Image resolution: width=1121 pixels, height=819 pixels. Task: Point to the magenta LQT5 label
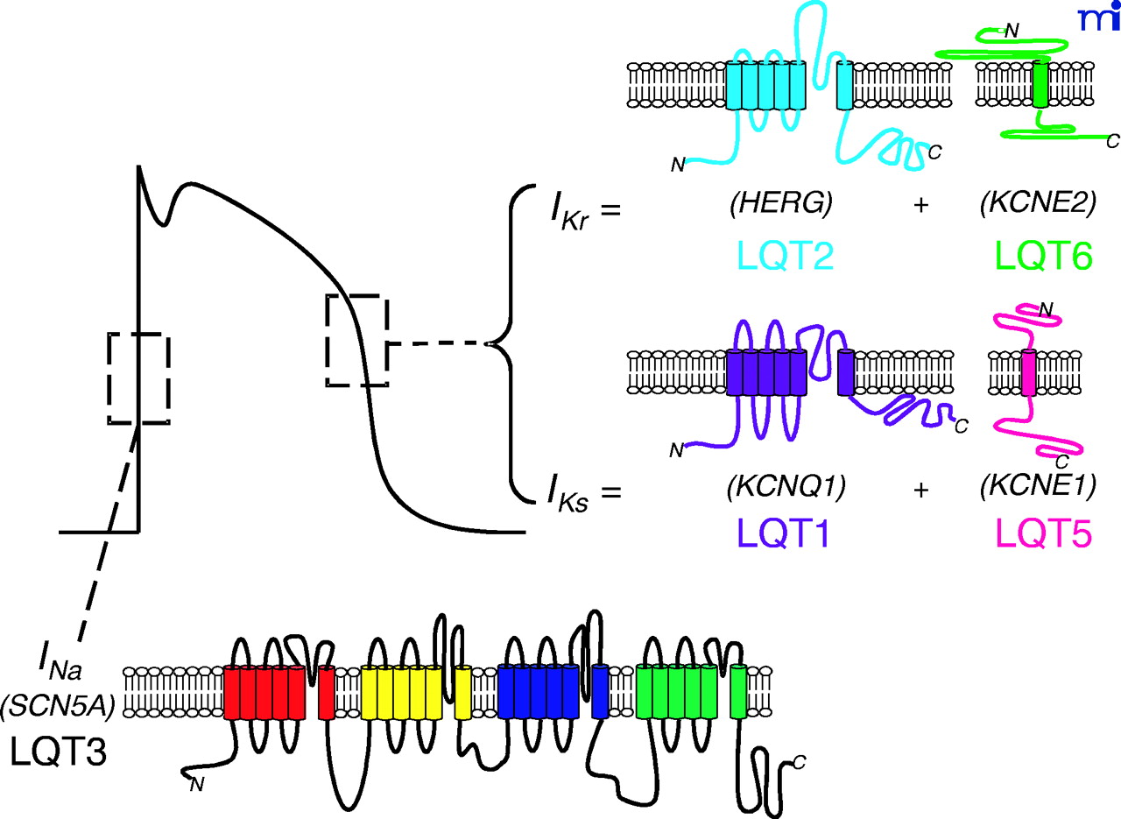point(1041,532)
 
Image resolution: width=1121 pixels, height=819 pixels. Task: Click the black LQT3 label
point(59,752)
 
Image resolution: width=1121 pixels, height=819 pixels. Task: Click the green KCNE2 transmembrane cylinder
point(1040,84)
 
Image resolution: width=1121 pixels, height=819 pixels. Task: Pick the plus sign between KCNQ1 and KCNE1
point(920,491)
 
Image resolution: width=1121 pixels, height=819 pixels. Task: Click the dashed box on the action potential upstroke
point(138,378)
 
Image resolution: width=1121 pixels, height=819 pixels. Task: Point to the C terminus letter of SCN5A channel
point(799,762)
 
